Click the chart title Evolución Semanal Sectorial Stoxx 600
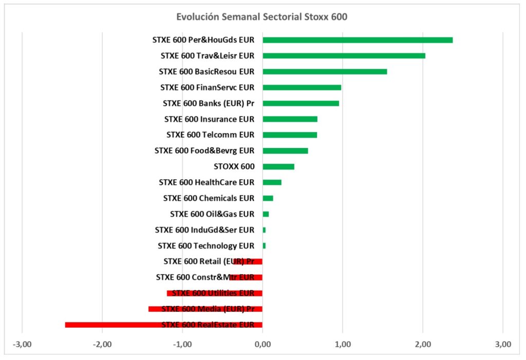coord(261,17)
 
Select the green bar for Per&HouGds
coord(358,40)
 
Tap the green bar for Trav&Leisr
coord(344,56)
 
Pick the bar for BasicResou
coord(325,71)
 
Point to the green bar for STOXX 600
coord(278,166)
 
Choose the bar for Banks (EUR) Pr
coord(300,103)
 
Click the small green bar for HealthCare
coord(272,182)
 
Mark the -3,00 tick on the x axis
coord(22,345)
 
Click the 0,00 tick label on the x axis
coord(262,345)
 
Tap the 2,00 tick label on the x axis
coord(423,345)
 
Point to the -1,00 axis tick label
coord(182,345)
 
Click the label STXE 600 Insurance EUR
coord(209,119)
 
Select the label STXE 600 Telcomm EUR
coord(210,135)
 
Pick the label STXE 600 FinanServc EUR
coord(207,87)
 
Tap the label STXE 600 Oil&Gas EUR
coord(212,214)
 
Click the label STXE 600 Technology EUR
coord(205,246)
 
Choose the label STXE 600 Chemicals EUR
coord(208,198)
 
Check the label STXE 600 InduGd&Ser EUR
coord(204,230)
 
